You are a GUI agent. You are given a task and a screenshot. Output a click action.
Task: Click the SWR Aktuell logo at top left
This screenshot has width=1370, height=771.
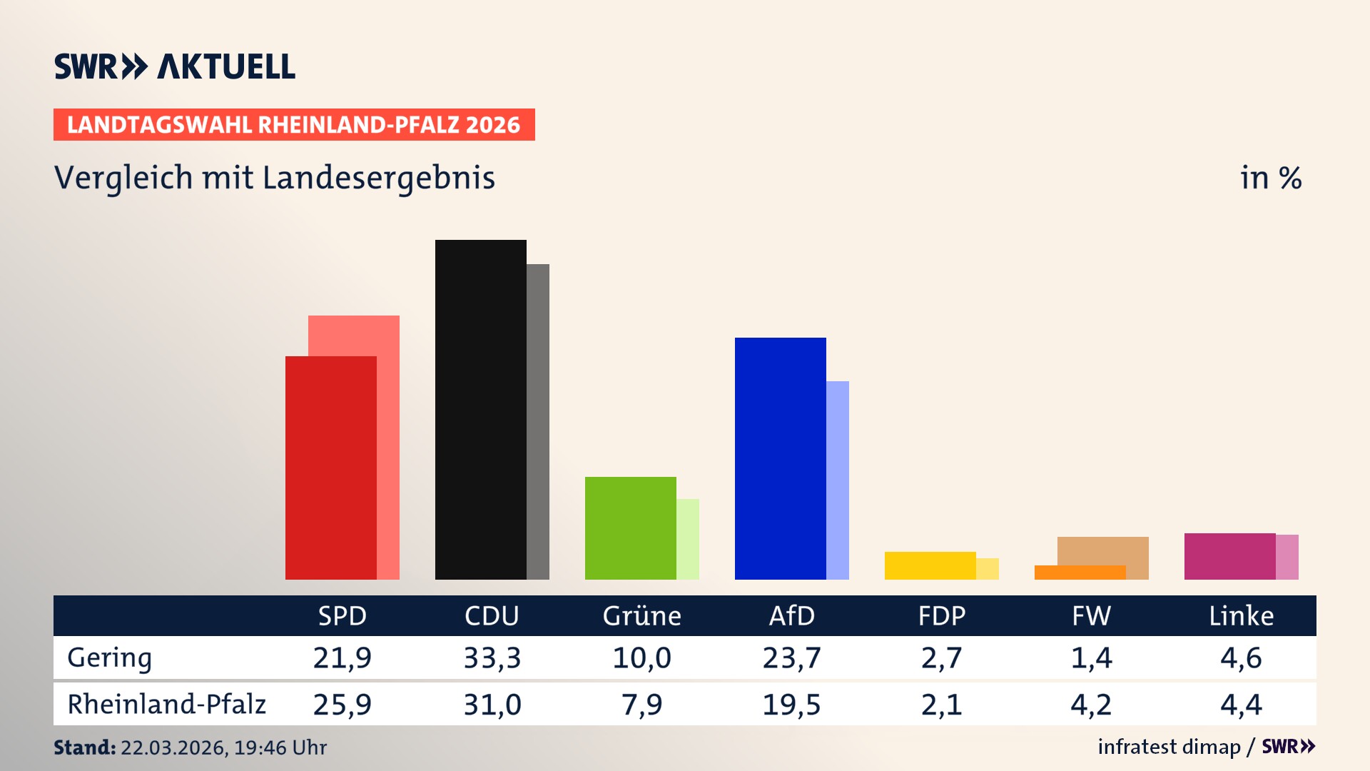pyautogui.click(x=174, y=66)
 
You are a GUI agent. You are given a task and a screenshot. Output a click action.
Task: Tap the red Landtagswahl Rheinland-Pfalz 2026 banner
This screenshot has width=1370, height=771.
pyautogui.click(x=293, y=125)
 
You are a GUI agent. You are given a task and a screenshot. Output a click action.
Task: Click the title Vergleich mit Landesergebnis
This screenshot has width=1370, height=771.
pyautogui.click(x=274, y=178)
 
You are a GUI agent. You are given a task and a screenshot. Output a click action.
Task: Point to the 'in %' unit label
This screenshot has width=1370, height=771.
pyautogui.click(x=1270, y=178)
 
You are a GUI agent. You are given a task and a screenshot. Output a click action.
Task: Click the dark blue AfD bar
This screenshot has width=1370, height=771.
pyautogui.click(x=780, y=458)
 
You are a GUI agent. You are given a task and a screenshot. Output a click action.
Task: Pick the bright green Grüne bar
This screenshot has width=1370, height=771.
pyautogui.click(x=630, y=528)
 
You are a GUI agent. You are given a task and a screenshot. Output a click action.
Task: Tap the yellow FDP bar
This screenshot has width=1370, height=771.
pyautogui.click(x=930, y=565)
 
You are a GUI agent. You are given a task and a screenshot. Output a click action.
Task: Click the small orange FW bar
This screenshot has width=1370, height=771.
pyautogui.click(x=1080, y=573)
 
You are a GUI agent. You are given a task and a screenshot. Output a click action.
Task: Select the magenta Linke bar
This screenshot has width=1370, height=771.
pyautogui.click(x=1229, y=556)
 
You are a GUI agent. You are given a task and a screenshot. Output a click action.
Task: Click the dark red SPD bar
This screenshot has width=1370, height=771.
pyautogui.click(x=330, y=468)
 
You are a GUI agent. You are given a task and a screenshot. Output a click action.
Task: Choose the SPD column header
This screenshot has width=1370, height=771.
pyautogui.click(x=342, y=616)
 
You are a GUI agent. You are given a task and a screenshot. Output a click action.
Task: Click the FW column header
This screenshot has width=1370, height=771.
pyautogui.click(x=1091, y=616)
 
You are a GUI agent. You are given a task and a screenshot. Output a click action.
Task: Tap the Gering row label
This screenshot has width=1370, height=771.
pyautogui.click(x=110, y=657)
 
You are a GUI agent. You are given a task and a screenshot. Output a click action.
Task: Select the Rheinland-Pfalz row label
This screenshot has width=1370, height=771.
pyautogui.click(x=166, y=705)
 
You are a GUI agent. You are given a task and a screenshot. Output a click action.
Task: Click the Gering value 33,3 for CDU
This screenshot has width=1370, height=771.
pyautogui.click(x=492, y=657)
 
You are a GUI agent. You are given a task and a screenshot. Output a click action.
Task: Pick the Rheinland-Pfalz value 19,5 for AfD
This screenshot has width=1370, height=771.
pyautogui.click(x=791, y=705)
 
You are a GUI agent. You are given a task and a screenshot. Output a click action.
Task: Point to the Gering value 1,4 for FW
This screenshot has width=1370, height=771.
pyautogui.click(x=1091, y=657)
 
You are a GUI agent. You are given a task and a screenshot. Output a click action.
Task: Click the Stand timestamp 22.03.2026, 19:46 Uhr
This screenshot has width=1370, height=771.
pyautogui.click(x=223, y=747)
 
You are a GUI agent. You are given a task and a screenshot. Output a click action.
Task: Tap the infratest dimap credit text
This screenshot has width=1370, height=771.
pyautogui.click(x=1169, y=747)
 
